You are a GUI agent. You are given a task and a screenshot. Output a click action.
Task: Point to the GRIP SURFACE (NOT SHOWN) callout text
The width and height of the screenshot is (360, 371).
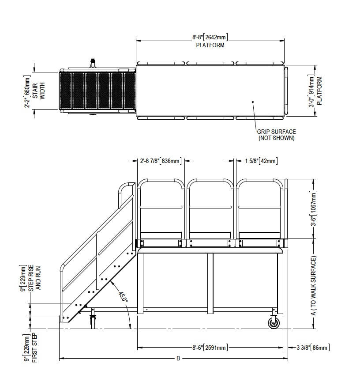[276, 135]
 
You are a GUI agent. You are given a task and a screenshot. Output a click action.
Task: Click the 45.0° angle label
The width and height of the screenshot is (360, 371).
[123, 297]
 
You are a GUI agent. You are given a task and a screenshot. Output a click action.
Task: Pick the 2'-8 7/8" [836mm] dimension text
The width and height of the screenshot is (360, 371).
[161, 161]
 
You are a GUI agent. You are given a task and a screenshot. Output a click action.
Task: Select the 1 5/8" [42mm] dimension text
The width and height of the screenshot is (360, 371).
[261, 161]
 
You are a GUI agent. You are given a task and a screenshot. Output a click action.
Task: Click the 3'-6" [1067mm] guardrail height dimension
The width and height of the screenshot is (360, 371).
[313, 209]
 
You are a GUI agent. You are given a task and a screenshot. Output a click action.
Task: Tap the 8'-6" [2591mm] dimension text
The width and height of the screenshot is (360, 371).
[210, 348]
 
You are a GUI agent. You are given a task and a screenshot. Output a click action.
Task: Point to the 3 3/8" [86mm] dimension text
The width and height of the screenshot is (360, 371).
[313, 348]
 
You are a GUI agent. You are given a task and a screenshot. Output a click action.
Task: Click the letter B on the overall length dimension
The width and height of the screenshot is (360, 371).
[178, 359]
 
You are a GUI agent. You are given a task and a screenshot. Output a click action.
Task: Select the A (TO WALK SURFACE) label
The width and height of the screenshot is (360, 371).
[313, 285]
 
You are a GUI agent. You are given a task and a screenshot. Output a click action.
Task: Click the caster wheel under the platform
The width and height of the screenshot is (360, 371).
[274, 323]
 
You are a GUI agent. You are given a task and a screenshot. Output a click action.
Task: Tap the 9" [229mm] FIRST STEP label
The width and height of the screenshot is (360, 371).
[31, 348]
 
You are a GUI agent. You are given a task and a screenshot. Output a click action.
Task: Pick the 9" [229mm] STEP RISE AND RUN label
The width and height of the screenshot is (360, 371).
[31, 278]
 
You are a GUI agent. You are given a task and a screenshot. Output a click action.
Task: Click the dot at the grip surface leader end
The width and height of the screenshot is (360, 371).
[253, 102]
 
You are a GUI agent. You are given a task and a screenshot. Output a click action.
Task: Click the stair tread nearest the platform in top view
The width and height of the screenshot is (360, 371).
[129, 91]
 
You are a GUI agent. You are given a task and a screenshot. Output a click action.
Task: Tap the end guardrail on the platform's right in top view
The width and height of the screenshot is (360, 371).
[286, 91]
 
